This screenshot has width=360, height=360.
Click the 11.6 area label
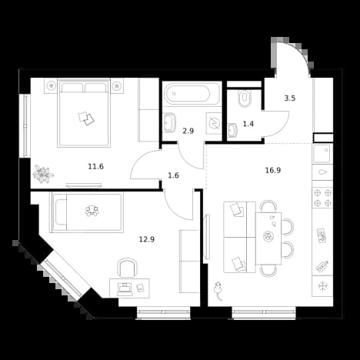tap(95, 167)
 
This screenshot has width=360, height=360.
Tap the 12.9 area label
tap(147, 239)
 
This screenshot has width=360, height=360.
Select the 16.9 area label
tap(273, 170)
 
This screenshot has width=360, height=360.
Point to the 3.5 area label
tap(290, 98)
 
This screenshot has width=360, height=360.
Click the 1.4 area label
tap(248, 124)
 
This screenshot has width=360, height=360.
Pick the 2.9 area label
tap(188, 132)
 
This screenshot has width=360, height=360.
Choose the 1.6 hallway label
tap(173, 175)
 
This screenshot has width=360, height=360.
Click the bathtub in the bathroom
tap(192, 94)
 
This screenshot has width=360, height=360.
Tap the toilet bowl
tap(245, 98)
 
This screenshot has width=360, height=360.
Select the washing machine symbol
tap(214, 123)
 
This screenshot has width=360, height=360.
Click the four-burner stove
tap(322, 198)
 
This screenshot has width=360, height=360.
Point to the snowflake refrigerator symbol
tap(322, 286)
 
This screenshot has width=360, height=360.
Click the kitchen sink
tap(322, 153)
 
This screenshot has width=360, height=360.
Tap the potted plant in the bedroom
tap(43, 174)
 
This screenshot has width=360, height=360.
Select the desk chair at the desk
tap(127, 268)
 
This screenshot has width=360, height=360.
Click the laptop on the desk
tap(125, 288)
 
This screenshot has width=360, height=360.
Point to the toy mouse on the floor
tap(218, 290)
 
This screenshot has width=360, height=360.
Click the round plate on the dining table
tap(268, 236)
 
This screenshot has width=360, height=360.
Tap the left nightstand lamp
tap(52, 85)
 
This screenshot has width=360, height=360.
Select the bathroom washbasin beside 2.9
tap(169, 123)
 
